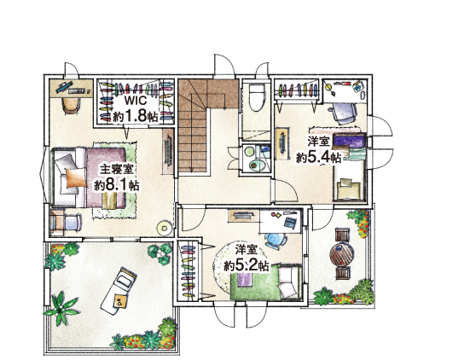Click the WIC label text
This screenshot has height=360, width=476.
coord(136,101)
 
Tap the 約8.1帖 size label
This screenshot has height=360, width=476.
coord(117,185)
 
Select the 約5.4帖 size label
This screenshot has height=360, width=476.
coord(318,157)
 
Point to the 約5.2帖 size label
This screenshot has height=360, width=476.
coord(247,265)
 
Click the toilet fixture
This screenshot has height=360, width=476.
coord(256,97)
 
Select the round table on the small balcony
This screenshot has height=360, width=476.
coord(342,253)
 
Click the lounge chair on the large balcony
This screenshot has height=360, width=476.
coord(119,291)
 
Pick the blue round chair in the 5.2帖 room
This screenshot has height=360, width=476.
coord(276,241)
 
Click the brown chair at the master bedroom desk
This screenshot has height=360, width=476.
coord(71,105)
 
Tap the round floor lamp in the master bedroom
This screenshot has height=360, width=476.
coord(165,228)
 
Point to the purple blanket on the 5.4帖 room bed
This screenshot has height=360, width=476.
coord(349,141)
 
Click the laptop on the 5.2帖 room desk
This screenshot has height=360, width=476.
coord(289,222)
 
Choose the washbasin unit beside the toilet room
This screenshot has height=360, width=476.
coord(255,158)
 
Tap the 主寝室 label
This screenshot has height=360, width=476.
coord(117,169)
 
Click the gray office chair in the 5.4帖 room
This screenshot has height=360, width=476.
coord(344,113)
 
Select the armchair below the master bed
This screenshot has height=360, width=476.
coord(66,222)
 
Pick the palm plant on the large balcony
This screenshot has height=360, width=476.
coord(61,309)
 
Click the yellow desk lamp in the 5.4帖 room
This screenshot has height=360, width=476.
coord(329,88)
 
